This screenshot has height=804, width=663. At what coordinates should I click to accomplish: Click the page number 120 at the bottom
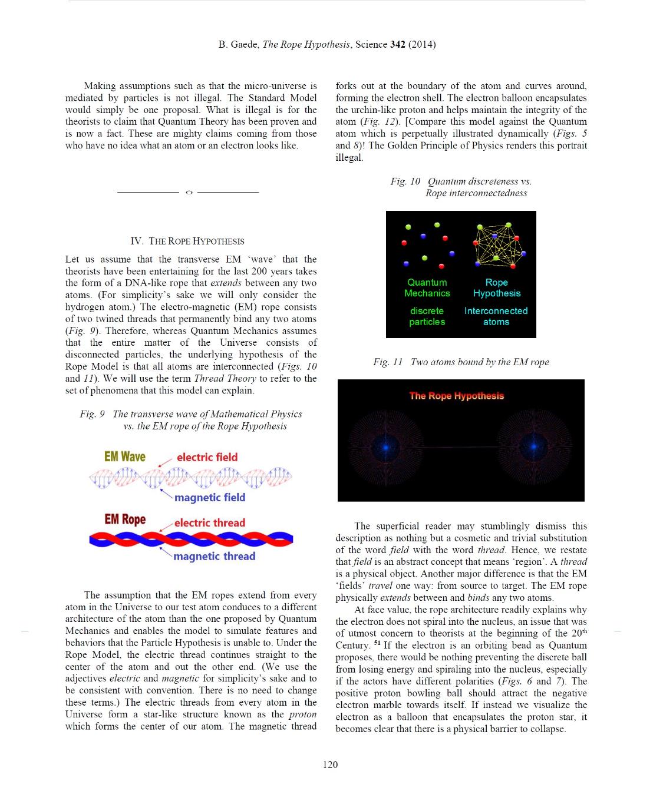tap(331, 765)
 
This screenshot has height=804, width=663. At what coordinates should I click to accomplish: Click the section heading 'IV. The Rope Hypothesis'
tap(187, 241)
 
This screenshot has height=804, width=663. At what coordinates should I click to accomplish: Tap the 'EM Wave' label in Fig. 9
tap(124, 456)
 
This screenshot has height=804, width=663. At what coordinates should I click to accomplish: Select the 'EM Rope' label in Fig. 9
tap(125, 519)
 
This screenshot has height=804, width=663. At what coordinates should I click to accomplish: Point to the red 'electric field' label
tap(207, 457)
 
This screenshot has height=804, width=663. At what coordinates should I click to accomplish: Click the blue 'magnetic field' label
tap(210, 497)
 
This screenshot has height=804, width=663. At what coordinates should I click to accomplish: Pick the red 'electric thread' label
tap(209, 522)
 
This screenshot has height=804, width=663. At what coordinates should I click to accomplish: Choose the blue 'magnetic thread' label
tap(215, 556)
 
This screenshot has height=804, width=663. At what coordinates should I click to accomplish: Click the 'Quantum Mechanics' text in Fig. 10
tap(427, 287)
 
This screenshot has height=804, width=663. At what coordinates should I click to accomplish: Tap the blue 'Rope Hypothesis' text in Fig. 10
tap(496, 287)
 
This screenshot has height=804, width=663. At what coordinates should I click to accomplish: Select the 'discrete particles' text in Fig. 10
tap(427, 316)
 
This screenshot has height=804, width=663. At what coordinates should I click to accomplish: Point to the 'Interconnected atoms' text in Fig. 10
tap(496, 316)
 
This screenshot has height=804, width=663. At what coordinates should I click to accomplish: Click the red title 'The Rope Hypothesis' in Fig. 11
tap(457, 396)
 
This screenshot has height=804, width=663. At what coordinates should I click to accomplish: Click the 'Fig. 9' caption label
tap(93, 414)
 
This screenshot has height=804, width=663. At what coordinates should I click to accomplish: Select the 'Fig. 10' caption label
tap(405, 181)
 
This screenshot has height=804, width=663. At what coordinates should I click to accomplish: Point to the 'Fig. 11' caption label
tap(388, 362)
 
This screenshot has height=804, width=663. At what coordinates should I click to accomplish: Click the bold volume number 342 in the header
tap(398, 44)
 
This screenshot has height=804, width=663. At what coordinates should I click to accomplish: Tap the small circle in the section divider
tap(189, 192)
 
